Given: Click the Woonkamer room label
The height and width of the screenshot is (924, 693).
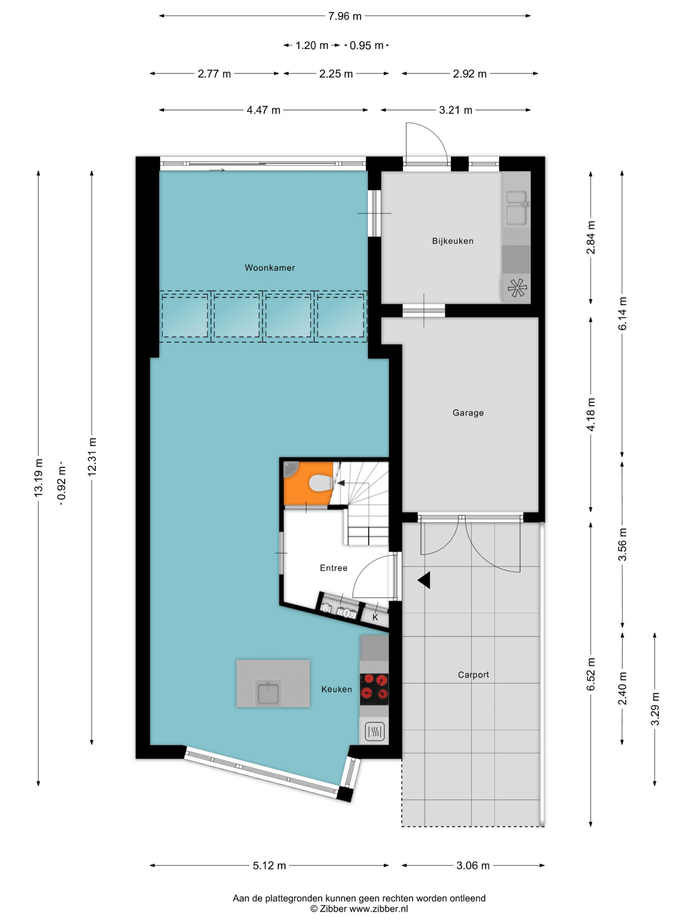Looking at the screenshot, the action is pos(270,268).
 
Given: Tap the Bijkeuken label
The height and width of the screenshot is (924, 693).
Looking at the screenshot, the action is pos(453,241).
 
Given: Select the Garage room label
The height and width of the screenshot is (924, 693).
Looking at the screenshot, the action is pos(468,413).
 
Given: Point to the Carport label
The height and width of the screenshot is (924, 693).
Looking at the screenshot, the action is pos(473,675).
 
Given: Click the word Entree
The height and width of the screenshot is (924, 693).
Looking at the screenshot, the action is pos(333,568).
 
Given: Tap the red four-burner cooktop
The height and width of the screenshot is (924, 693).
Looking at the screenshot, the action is pos(374,687).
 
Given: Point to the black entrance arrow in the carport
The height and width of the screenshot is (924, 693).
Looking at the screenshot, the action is pos(424,580).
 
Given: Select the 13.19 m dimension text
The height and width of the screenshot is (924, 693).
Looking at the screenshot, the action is pos(38,478).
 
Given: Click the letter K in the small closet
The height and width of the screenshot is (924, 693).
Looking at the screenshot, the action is pos(375,617).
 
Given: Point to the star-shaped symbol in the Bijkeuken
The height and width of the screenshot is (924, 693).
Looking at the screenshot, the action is pos(517,288).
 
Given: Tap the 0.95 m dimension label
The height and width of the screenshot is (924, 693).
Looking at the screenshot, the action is pos(366,45).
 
